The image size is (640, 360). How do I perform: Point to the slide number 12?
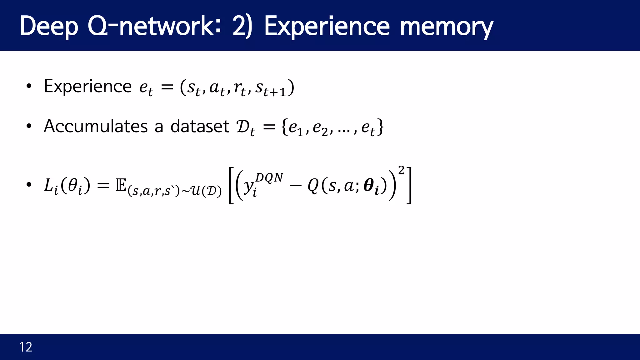click(x=26, y=347)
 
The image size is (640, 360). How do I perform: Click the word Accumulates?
click(x=96, y=126)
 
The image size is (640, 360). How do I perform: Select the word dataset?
click(x=200, y=126)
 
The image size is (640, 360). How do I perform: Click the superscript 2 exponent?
click(x=401, y=171)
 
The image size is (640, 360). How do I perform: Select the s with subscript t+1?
click(x=271, y=88)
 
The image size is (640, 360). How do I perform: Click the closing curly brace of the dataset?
click(x=380, y=127)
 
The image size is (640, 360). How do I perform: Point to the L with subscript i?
click(x=51, y=186)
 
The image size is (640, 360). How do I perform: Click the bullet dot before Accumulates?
click(x=29, y=126)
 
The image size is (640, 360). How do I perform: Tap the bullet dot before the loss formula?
click(x=29, y=185)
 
